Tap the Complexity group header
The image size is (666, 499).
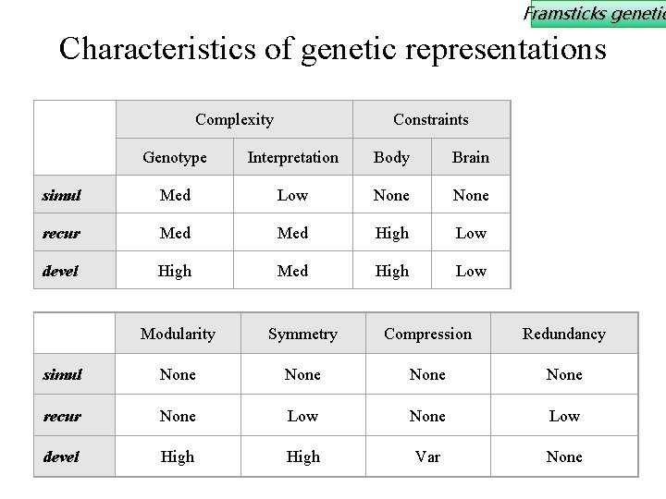pyautogui.click(x=234, y=119)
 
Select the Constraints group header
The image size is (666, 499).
pyautogui.click(x=430, y=119)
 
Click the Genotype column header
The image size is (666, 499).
pyautogui.click(x=175, y=157)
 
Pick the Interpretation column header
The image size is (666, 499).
pyautogui.click(x=292, y=157)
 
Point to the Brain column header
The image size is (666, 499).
pyautogui.click(x=470, y=157)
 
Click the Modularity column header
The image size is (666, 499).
pyautogui.click(x=178, y=334)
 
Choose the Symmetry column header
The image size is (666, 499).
pyautogui.click(x=302, y=334)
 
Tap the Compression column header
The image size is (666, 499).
pyautogui.click(x=427, y=334)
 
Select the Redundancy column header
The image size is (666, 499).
pyautogui.click(x=563, y=334)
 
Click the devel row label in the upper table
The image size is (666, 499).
pyautogui.click(x=61, y=271)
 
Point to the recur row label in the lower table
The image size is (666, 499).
pyautogui.click(x=61, y=416)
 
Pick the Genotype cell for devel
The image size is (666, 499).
pyautogui.click(x=175, y=271)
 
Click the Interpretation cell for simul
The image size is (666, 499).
pyautogui.click(x=292, y=195)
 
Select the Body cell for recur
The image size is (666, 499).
pyautogui.click(x=391, y=233)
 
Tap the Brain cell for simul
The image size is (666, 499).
pyautogui.click(x=470, y=195)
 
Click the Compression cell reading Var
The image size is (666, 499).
pyautogui.click(x=427, y=456)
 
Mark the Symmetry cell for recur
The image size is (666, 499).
pyautogui.click(x=302, y=416)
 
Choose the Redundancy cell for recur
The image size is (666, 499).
pyautogui.click(x=563, y=416)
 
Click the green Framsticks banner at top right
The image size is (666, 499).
pyautogui.click(x=597, y=13)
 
